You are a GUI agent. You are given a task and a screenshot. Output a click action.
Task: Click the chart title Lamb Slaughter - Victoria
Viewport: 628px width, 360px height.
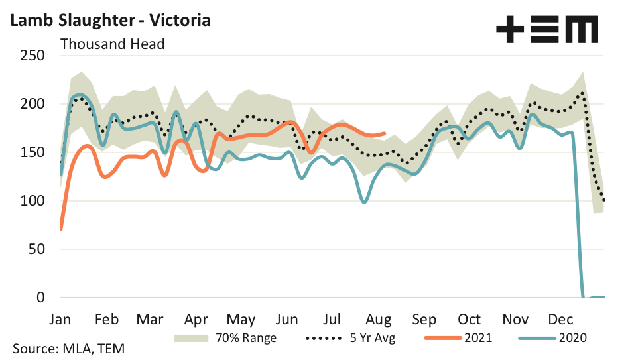click(x=109, y=20)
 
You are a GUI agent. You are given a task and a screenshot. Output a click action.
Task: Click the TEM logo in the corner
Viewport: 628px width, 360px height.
click(x=547, y=30)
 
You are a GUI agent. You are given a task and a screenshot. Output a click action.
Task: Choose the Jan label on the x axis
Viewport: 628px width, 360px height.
click(x=61, y=318)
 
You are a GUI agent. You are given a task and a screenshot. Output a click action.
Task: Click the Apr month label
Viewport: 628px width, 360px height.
click(x=197, y=318)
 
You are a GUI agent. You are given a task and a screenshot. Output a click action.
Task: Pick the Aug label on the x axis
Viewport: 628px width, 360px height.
click(x=379, y=318)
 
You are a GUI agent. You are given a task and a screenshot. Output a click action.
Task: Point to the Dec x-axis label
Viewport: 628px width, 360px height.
click(x=560, y=318)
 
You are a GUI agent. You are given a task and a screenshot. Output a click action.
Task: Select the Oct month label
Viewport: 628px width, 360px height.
click(x=470, y=318)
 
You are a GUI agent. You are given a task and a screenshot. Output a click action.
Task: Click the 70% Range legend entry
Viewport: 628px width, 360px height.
click(x=225, y=337)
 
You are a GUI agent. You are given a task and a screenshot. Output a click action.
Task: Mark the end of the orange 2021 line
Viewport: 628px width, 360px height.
click(x=385, y=133)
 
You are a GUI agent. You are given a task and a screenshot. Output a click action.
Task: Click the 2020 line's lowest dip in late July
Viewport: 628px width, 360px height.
click(x=364, y=202)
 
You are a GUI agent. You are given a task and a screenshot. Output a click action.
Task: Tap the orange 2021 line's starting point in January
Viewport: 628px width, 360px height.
click(x=61, y=229)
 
